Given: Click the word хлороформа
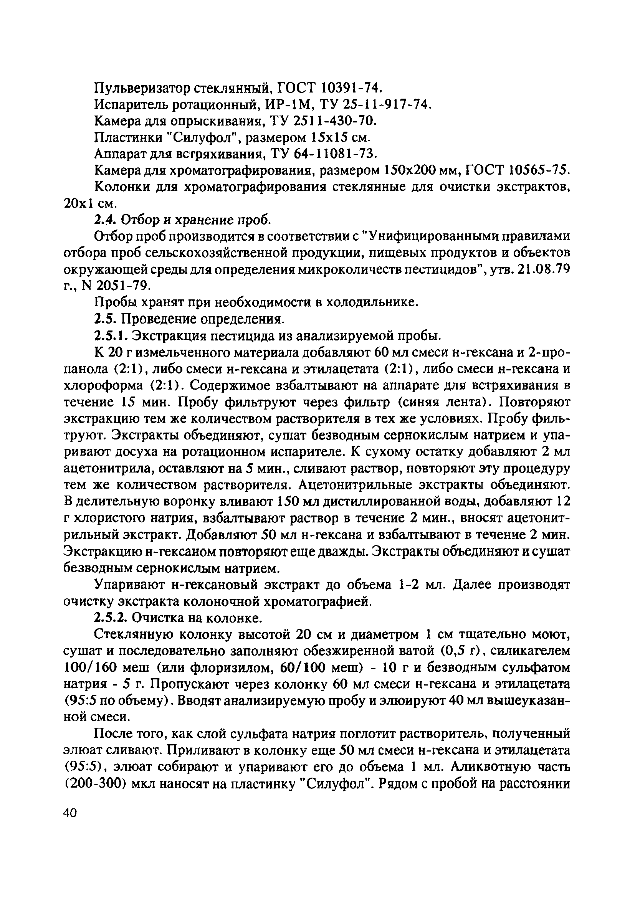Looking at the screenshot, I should coord(103,385).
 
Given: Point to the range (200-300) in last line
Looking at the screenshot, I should coord(95,783).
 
